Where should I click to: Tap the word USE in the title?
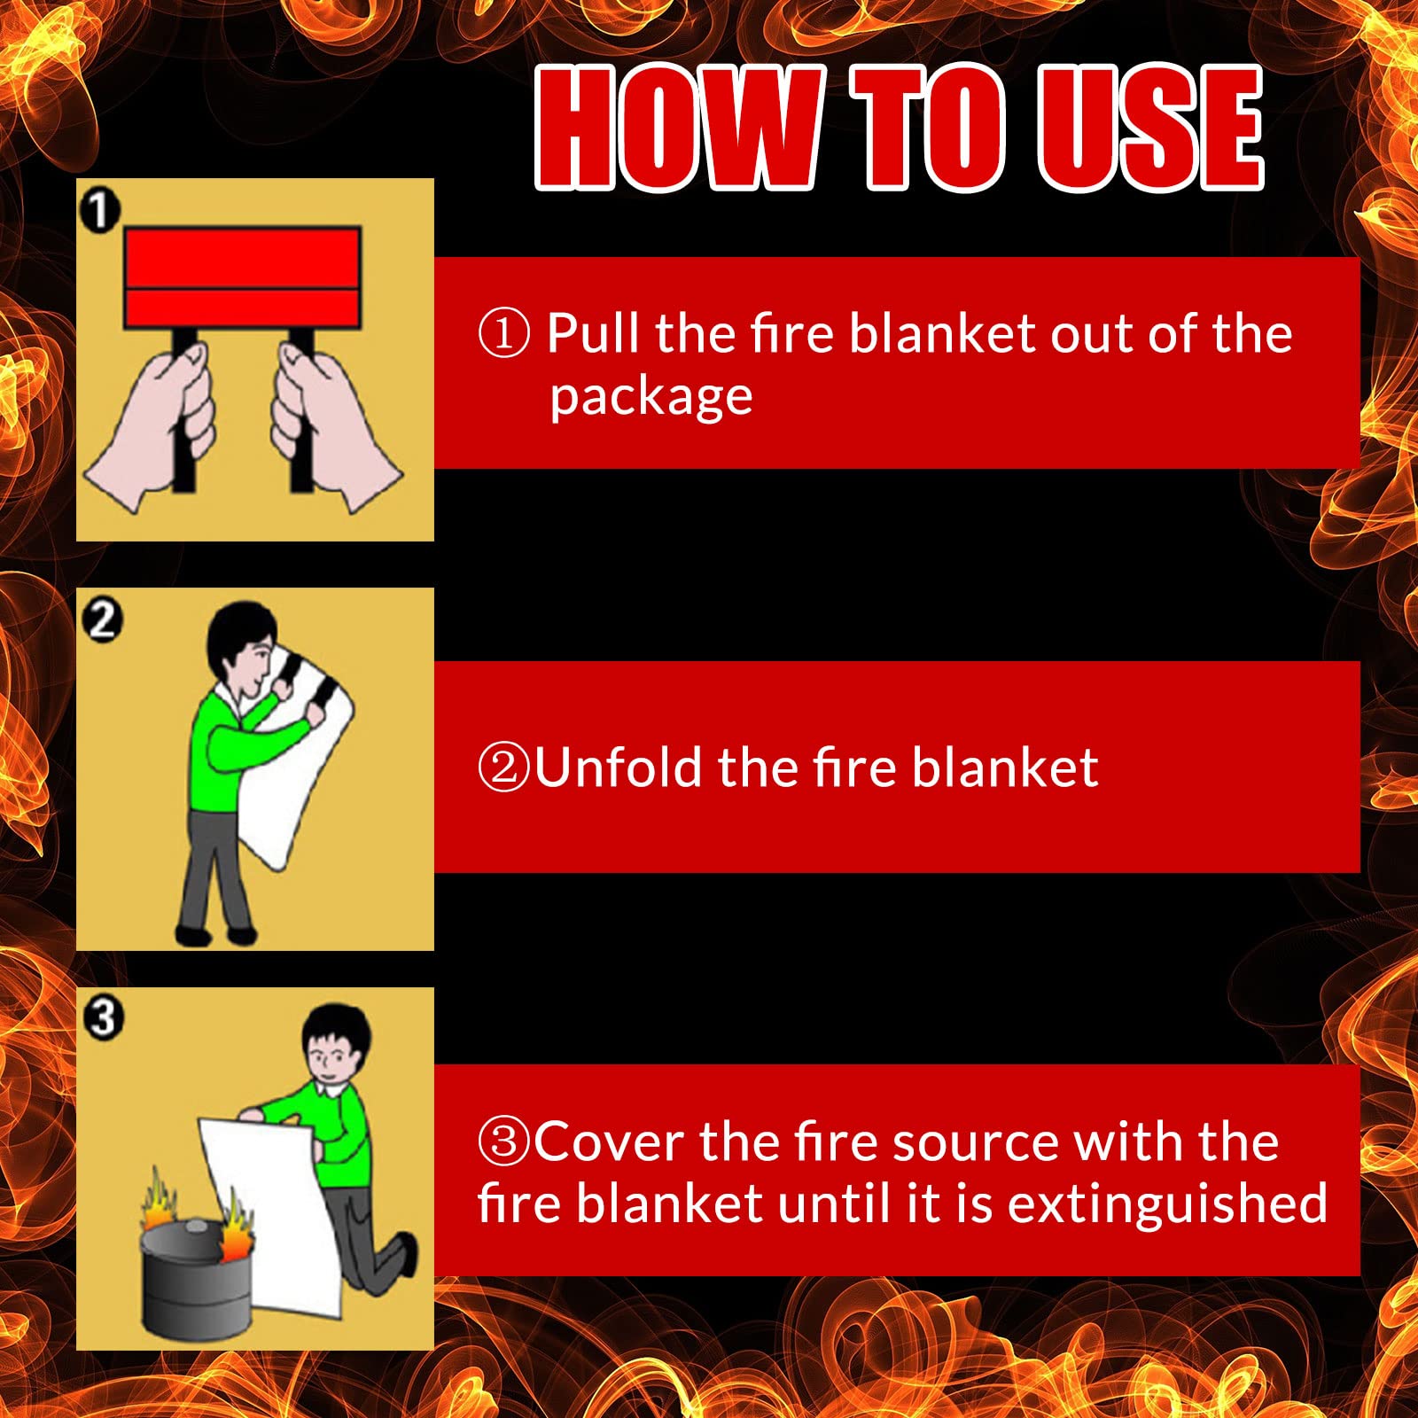(x=1151, y=128)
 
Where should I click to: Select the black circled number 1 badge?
(x=99, y=211)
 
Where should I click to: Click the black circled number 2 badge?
(x=102, y=619)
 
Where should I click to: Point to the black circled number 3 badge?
(x=103, y=1017)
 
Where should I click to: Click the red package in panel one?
(x=243, y=277)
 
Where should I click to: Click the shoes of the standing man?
(x=216, y=934)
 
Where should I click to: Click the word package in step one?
(x=651, y=396)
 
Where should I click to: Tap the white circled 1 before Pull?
(x=503, y=333)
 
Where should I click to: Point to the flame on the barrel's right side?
(x=236, y=1225)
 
